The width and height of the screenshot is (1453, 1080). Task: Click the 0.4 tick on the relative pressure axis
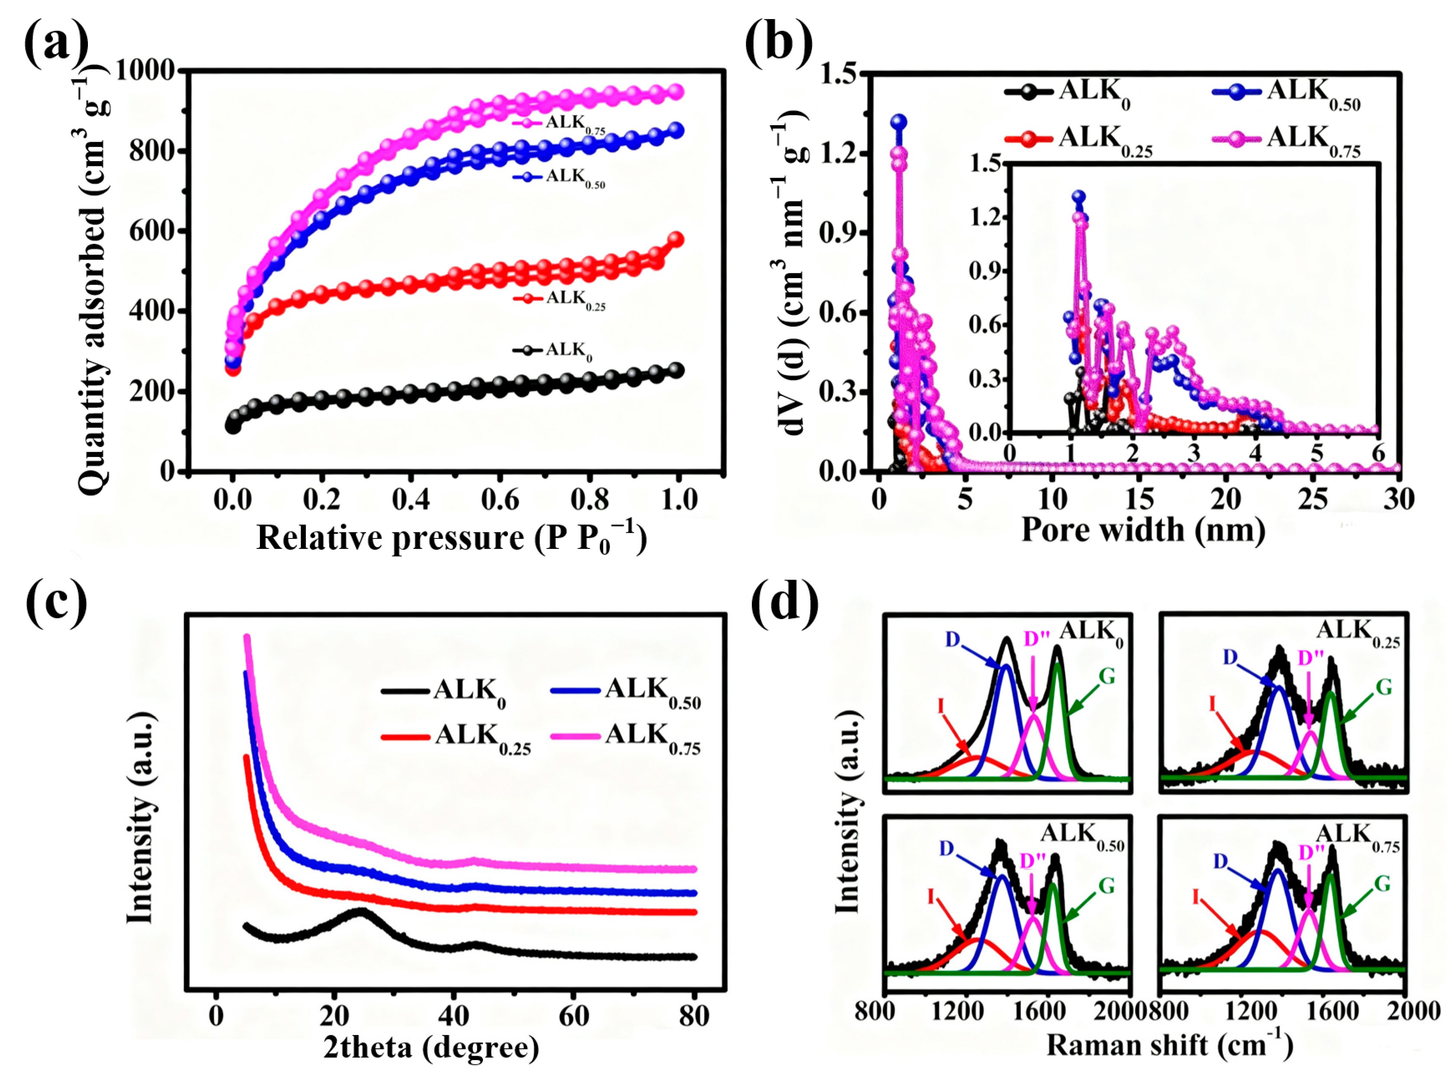point(411,500)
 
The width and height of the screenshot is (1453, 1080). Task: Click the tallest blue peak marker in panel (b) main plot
point(899,122)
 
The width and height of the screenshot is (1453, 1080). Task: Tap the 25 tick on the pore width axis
point(1312,500)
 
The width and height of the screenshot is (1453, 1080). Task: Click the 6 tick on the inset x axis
point(1378,453)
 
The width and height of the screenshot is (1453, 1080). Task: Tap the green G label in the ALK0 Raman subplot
point(1107,677)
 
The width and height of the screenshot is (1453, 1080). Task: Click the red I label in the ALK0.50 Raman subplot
point(931,895)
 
